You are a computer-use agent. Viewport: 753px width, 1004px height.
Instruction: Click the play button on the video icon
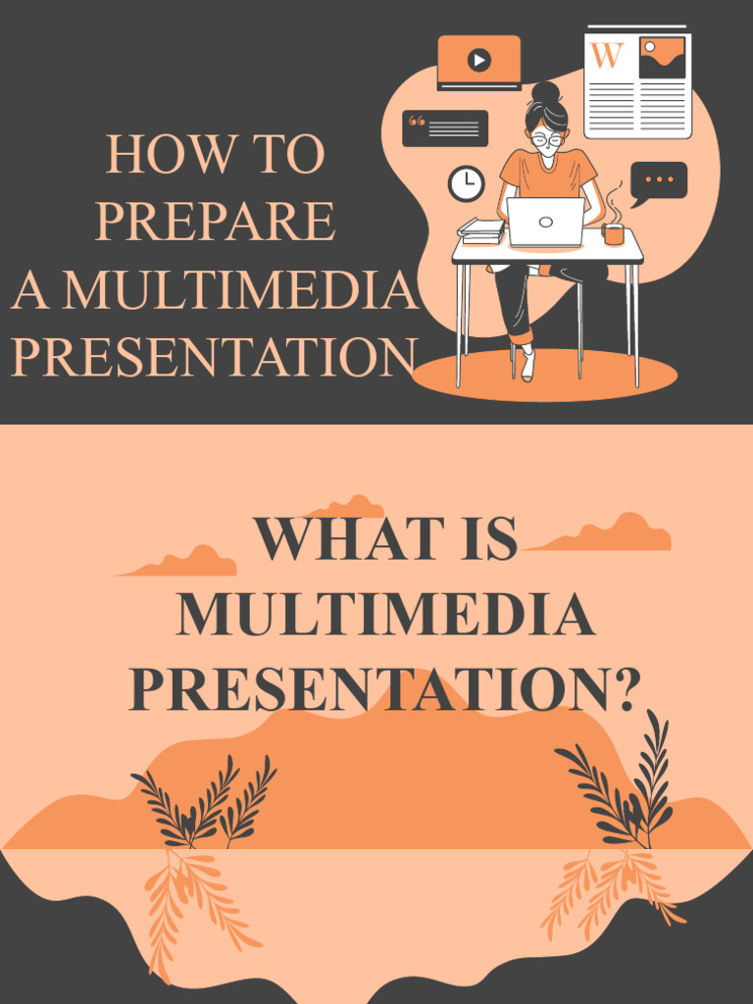coord(478,61)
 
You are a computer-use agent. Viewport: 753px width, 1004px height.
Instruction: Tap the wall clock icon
coord(466,183)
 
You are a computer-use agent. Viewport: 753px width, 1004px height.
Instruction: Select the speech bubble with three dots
coord(659,180)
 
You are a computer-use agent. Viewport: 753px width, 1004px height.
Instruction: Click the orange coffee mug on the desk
coord(614,233)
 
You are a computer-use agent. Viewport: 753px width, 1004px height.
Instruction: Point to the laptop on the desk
coord(546,222)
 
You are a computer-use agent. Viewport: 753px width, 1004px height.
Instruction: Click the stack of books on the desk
coord(481,231)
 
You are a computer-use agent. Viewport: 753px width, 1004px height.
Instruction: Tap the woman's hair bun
coord(545,92)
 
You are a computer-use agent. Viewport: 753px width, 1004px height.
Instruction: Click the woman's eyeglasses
coord(547,139)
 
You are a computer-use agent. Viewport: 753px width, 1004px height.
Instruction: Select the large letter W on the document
coord(607,56)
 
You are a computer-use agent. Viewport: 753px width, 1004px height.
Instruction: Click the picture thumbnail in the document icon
coord(662,58)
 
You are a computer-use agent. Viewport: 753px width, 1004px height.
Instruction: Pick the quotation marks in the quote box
coord(417,123)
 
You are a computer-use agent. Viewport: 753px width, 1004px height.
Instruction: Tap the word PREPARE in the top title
coord(216,222)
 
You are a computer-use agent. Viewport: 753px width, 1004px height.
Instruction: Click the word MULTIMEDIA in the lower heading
coord(385,615)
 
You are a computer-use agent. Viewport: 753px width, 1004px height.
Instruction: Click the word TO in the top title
coord(288,155)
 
